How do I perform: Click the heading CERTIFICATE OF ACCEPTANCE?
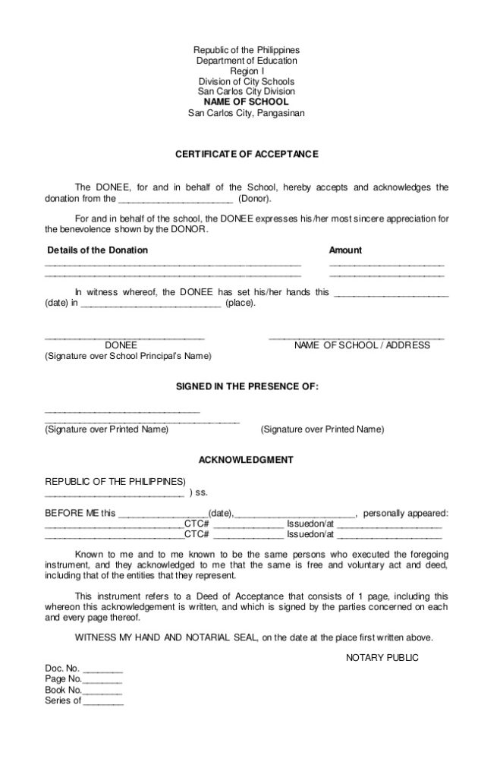247,154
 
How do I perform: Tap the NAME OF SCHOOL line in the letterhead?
247,102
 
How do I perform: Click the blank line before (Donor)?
175,200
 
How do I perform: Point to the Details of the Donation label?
98,250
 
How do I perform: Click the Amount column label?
345,250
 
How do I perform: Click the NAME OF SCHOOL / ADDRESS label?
362,345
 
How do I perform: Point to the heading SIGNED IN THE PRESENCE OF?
247,386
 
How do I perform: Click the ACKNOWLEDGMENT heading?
246,460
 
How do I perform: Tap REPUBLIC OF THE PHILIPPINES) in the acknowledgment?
115,481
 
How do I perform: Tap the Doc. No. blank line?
102,669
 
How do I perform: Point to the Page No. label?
62,679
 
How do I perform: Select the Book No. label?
63,690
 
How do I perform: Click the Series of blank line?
102,701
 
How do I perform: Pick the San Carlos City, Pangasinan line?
247,113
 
